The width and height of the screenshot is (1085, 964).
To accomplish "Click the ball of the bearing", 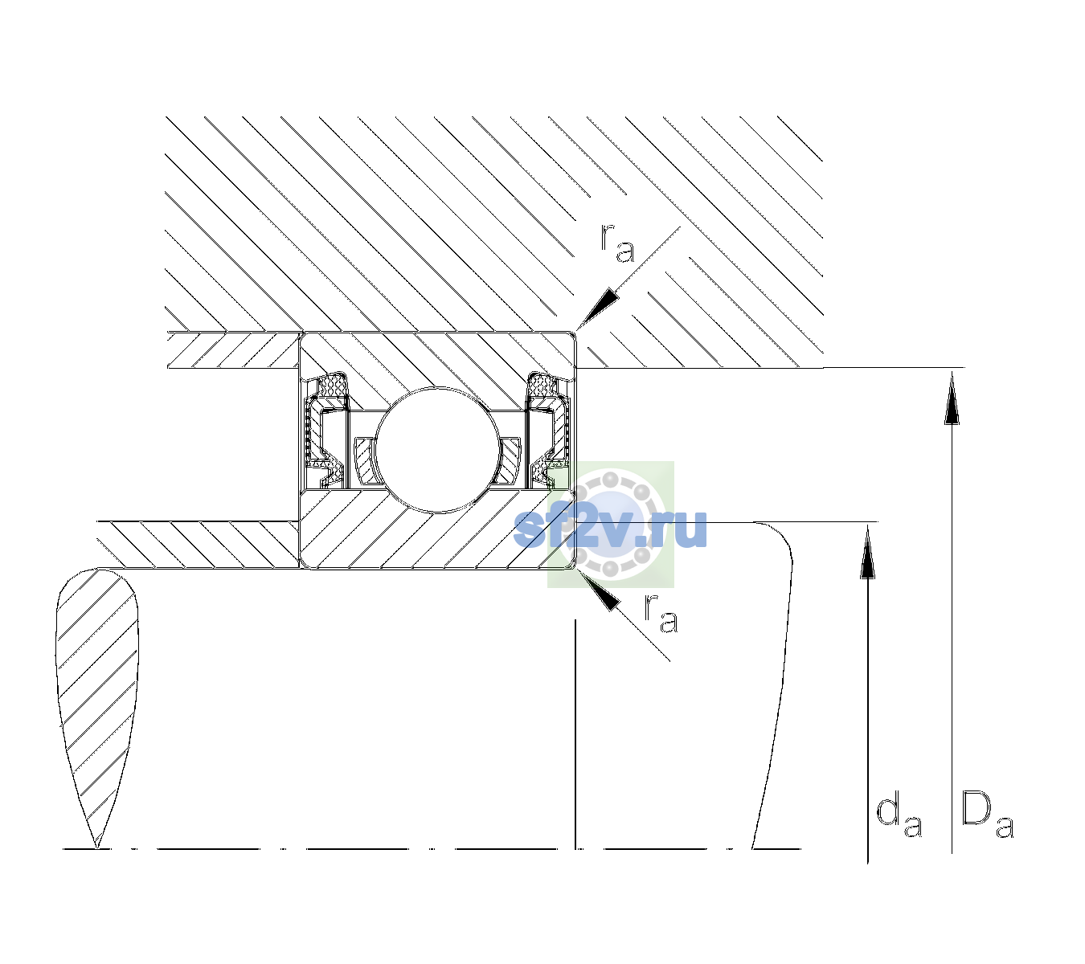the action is (438, 450).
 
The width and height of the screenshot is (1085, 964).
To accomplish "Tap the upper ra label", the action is (617, 244).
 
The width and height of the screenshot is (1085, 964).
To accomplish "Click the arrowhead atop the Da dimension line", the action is (952, 397).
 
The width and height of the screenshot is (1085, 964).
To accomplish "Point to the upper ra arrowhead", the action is (596, 308).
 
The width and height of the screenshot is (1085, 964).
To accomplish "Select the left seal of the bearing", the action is (325, 431).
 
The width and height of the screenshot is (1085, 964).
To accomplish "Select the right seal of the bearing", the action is (548, 431).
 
